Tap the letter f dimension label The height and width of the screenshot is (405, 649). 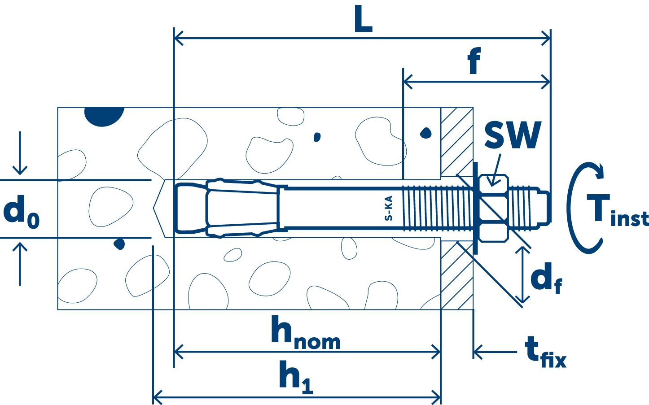[474, 61]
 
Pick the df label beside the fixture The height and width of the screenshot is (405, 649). [545, 279]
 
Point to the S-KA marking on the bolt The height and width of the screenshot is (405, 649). [389, 208]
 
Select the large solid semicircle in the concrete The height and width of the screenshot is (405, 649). [104, 116]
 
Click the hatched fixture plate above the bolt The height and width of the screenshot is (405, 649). [456, 141]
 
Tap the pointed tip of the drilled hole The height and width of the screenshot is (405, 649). [156, 208]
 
